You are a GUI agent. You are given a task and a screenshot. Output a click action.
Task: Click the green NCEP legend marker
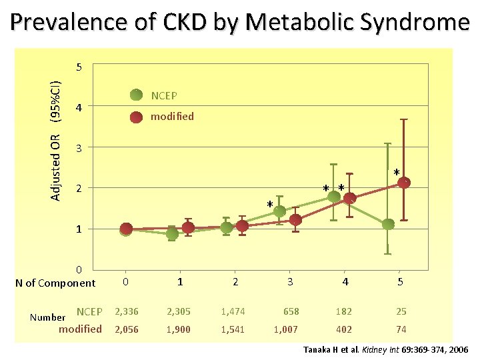tap(136, 96)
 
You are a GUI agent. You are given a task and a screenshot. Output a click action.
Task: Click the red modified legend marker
tap(136, 117)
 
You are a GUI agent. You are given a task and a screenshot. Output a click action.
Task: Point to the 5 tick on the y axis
tap(79, 67)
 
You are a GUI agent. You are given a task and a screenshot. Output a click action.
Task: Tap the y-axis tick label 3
tap(79, 148)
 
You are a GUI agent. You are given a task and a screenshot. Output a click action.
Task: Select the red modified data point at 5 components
tap(403, 182)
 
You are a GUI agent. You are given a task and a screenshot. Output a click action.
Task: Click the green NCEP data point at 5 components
tap(388, 224)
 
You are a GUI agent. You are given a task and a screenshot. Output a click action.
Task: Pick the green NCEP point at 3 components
tap(279, 211)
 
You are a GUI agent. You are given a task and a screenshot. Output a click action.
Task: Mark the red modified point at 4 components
tap(349, 198)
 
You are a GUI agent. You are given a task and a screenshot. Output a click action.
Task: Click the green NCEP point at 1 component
tap(172, 234)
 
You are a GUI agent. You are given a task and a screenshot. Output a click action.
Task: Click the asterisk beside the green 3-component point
tap(270, 204)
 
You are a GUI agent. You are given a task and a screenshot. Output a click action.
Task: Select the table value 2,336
tap(127, 311)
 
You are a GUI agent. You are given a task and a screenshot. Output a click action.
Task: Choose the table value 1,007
tap(286, 329)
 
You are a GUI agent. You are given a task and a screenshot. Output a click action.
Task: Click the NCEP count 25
tap(399, 311)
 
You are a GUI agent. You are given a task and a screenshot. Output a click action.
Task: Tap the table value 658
tap(291, 311)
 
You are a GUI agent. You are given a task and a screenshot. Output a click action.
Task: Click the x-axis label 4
tap(345, 282)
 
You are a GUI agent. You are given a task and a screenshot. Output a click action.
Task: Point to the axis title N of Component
tap(55, 283)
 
